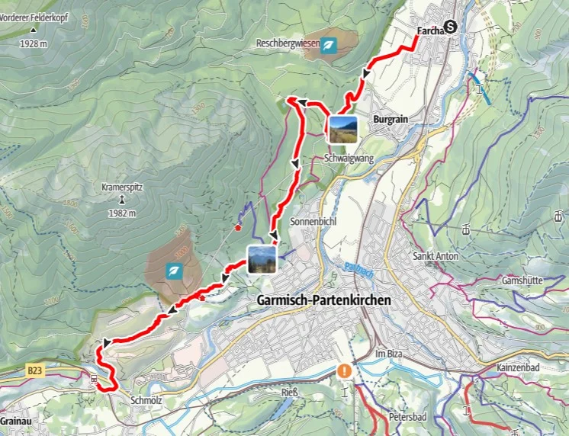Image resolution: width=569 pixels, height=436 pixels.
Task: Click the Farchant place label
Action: [x=431, y=31]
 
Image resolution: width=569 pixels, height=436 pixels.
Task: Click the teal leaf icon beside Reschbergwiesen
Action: [x=329, y=46]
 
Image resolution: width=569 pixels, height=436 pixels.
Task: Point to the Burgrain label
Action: [x=391, y=120]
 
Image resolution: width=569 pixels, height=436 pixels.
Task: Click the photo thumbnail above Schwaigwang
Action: [x=342, y=129]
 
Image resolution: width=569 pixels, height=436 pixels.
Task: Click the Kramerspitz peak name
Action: [x=122, y=186]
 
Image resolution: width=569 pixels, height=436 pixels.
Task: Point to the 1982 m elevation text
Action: [x=122, y=213]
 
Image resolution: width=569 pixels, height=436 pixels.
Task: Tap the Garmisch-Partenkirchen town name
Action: [x=320, y=300]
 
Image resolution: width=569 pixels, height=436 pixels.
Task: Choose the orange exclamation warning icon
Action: [x=345, y=371]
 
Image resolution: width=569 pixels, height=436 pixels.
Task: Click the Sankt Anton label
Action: [x=436, y=256]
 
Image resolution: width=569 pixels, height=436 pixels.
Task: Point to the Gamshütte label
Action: [x=522, y=281]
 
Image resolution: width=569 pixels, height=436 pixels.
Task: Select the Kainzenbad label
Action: [x=519, y=367]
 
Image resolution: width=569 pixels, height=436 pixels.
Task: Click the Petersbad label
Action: [x=407, y=417]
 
